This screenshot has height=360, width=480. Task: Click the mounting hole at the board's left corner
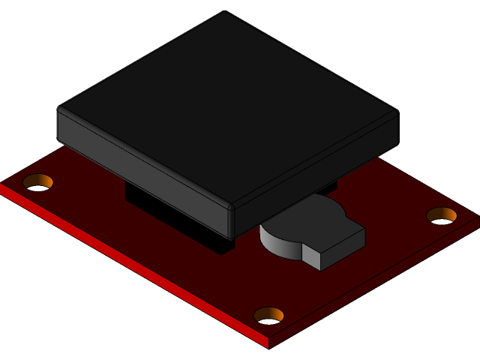click(37, 181)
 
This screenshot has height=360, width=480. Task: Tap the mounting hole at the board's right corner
click(442, 215)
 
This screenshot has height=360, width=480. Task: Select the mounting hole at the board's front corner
click(268, 316)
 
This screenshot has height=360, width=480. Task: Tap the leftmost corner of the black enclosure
click(58, 112)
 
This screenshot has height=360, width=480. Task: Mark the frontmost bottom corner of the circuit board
click(268, 347)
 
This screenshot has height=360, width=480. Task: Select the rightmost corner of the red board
click(478, 219)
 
